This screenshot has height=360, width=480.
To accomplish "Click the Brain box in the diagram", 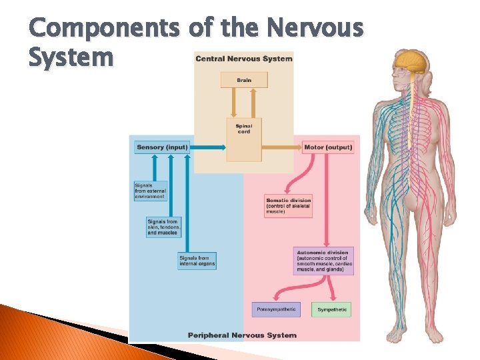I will (x=244, y=80).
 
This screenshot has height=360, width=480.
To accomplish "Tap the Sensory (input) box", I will (x=162, y=147).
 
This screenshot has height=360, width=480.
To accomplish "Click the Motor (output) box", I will (x=328, y=147).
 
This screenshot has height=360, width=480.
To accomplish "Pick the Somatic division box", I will (x=288, y=207).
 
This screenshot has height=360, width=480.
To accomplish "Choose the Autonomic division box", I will (x=323, y=261).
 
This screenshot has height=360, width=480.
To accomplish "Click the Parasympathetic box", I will (x=276, y=309).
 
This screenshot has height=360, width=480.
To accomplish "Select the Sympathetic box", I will (x=332, y=309).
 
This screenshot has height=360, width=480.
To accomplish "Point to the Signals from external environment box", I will (x=150, y=191).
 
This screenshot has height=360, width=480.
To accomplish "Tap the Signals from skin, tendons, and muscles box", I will (x=163, y=227).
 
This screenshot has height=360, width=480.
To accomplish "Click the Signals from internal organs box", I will (x=197, y=261).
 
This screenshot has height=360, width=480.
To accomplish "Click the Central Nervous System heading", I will (x=243, y=59).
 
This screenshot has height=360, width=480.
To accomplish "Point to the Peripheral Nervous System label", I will (x=242, y=335).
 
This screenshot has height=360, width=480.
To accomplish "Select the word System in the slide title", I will (x=71, y=57).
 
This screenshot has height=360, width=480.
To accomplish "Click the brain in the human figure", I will (x=409, y=63).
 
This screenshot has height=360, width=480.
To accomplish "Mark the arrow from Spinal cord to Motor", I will (x=281, y=147).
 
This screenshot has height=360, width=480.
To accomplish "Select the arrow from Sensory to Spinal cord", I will (x=208, y=147).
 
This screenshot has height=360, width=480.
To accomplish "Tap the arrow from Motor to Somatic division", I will (x=294, y=177).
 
